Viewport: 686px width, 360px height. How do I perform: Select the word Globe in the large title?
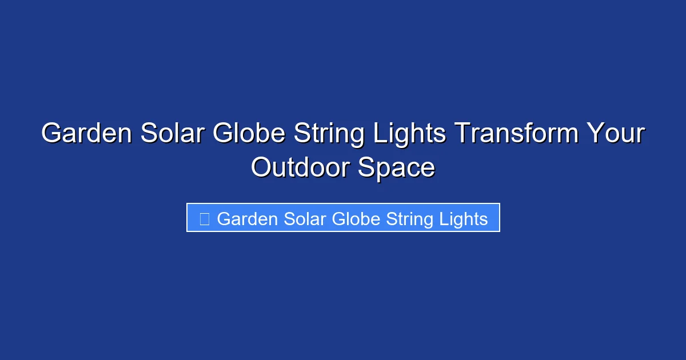click(x=249, y=134)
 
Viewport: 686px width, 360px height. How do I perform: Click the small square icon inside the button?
click(x=204, y=218)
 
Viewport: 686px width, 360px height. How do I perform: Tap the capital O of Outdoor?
click(x=262, y=168)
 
